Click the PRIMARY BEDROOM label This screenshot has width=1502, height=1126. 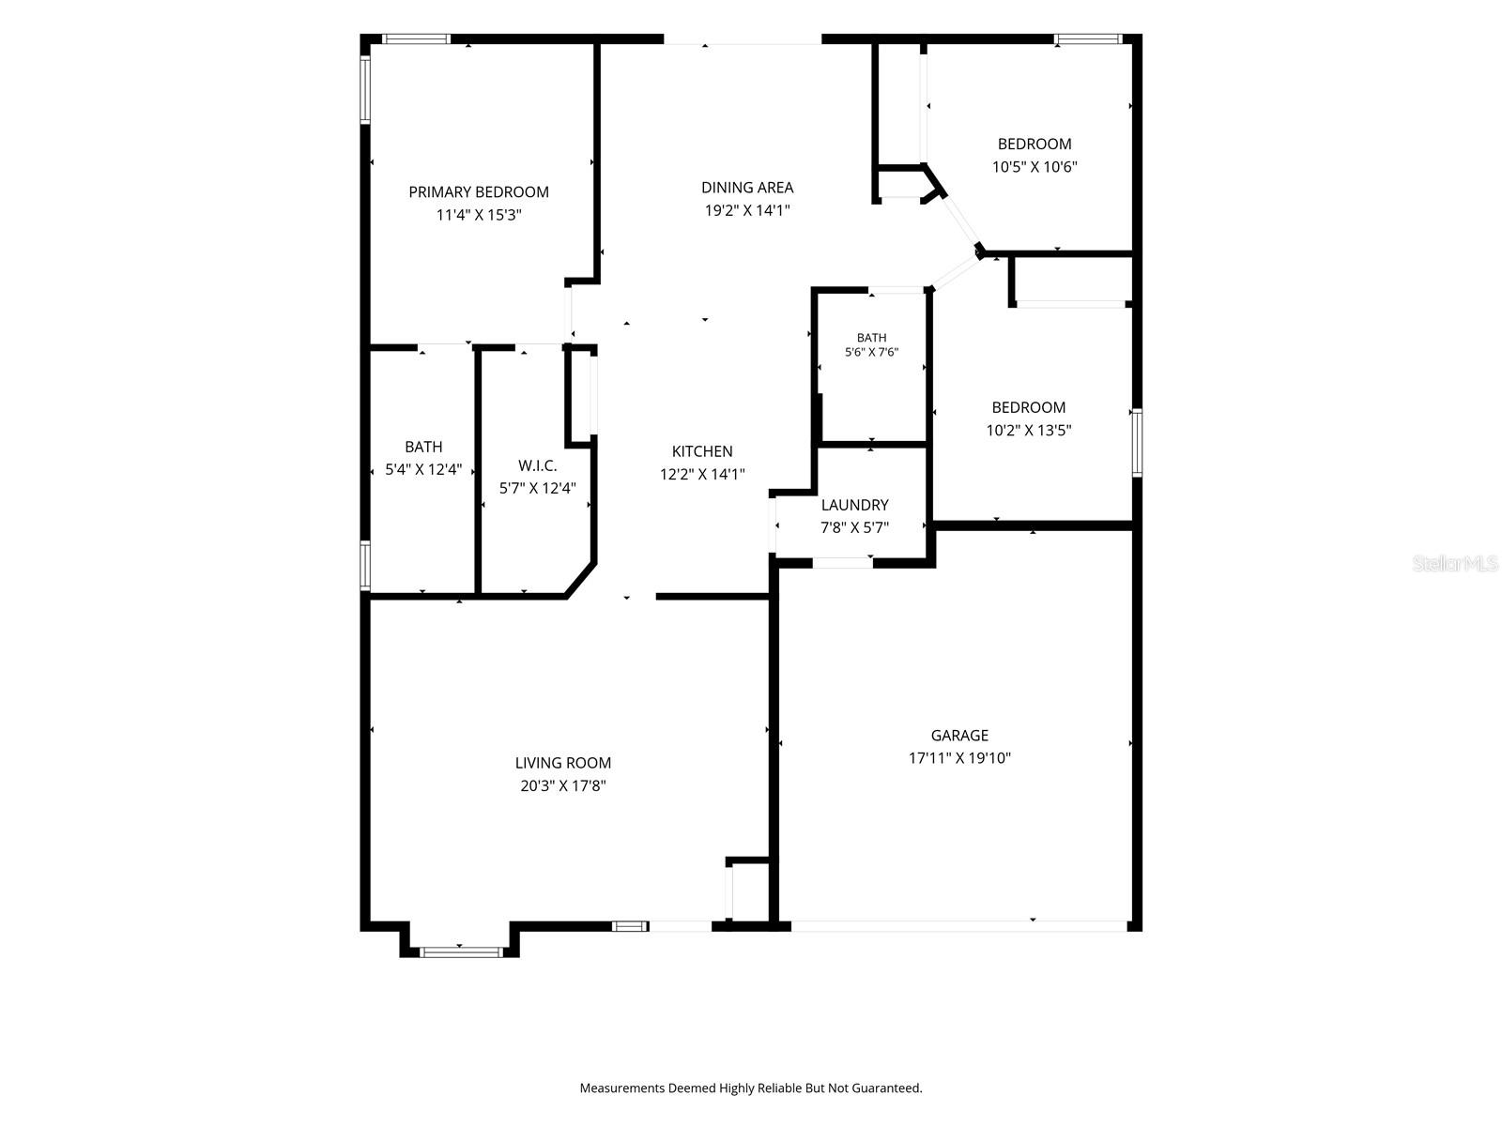[x=479, y=192]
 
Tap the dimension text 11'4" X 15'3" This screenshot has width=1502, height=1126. [x=479, y=215]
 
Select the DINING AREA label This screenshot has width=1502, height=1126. [x=747, y=188]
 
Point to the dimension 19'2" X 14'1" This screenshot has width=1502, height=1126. [x=747, y=210]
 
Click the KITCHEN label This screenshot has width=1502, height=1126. [x=702, y=451]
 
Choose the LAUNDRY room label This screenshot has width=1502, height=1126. [x=854, y=505]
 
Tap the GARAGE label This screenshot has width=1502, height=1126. [x=959, y=735]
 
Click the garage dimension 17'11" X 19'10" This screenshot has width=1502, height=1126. [x=959, y=757]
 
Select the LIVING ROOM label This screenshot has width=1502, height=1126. [x=563, y=763]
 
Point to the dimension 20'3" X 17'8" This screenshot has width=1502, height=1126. [x=563, y=785]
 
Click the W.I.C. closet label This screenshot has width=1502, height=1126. [x=537, y=465]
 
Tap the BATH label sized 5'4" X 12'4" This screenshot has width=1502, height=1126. [x=423, y=447]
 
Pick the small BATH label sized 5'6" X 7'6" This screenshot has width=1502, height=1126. [x=871, y=338]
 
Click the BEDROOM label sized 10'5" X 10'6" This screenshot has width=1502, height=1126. [x=1035, y=145]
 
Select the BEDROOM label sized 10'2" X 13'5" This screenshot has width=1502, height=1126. [x=1029, y=407]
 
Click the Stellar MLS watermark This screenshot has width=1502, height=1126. [x=1455, y=563]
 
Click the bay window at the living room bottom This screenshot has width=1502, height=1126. [x=461, y=951]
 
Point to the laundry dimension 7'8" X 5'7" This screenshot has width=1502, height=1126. [x=854, y=527]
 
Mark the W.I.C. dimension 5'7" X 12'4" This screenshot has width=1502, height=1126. [x=537, y=488]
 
